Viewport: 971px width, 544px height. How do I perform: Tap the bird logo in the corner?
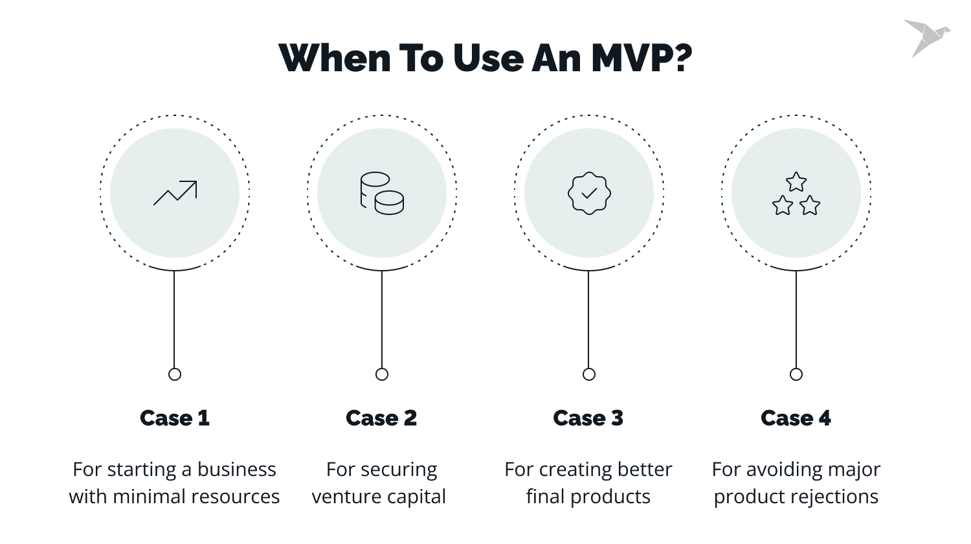925,38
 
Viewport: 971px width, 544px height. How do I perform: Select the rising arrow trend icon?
175,193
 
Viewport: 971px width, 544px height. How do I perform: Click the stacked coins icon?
382,193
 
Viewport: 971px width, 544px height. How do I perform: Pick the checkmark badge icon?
589,193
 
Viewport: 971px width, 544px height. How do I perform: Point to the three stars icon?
796,194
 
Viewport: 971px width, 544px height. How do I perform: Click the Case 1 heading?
175,418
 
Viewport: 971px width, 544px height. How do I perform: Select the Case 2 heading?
381,418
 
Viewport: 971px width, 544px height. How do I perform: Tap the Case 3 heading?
588,418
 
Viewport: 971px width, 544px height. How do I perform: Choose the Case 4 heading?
796,418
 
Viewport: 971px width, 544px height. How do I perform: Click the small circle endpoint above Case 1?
175,374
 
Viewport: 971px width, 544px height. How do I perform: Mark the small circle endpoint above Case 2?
382,374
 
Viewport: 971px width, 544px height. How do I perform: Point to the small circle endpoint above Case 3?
589,374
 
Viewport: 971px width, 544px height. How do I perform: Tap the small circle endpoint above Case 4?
796,374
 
